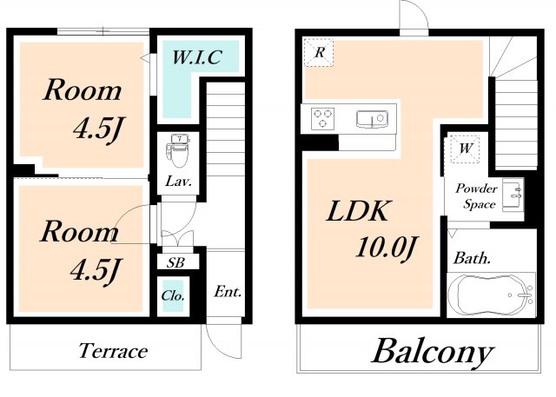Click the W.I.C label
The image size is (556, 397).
(x=197, y=57)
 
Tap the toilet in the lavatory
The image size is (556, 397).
(x=179, y=150)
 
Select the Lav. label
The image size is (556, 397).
(x=178, y=182)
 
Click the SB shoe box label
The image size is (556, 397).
(x=175, y=262)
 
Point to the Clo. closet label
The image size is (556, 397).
(x=173, y=295)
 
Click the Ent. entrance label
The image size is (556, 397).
(x=228, y=292)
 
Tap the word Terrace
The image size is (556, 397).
(x=113, y=351)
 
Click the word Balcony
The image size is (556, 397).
(x=433, y=351)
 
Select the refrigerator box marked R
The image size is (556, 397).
(x=319, y=52)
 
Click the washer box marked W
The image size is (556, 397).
(x=465, y=149)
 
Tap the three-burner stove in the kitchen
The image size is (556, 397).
(x=322, y=118)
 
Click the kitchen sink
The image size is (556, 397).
(x=372, y=119)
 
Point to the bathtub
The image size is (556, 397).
(x=491, y=294)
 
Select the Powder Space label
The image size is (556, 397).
(x=476, y=196)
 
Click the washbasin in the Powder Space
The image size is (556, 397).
(x=513, y=195)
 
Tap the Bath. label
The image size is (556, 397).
(x=472, y=258)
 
